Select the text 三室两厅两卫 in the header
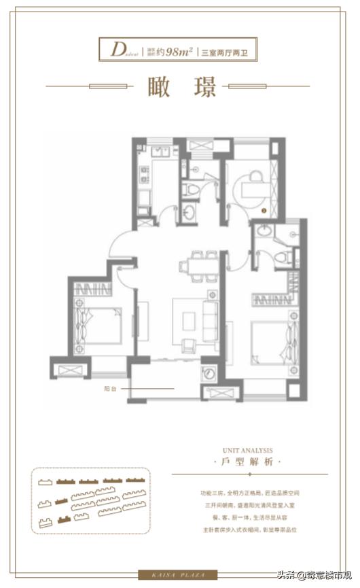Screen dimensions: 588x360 coord(226,50)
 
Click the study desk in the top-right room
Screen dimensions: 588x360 coord(255,182)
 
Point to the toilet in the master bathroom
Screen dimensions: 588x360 coord(287,257)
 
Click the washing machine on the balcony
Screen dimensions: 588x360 coord(209,372)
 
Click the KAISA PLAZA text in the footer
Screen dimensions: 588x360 coord(179,573)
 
